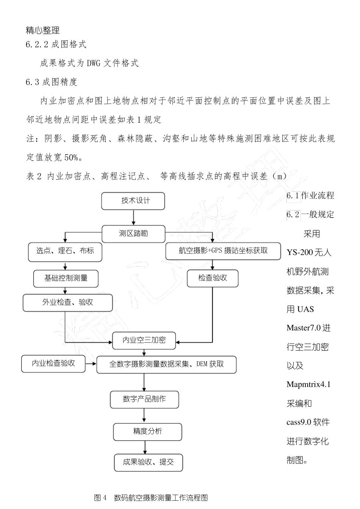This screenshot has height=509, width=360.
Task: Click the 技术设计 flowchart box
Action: (133, 201)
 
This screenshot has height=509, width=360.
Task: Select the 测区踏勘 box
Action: (133, 234)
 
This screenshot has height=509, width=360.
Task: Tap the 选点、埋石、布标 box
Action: (65, 251)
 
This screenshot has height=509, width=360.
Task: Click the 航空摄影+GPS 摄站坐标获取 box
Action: (223, 251)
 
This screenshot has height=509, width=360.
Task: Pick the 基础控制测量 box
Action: (66, 278)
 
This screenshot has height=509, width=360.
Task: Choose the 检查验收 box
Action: (213, 278)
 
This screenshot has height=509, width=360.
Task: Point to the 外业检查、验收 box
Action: (68, 303)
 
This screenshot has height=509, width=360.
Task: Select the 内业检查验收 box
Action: (53, 364)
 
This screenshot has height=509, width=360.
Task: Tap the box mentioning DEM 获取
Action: (167, 364)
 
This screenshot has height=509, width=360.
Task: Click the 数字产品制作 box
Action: (144, 400)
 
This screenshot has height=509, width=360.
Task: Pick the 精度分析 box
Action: (147, 432)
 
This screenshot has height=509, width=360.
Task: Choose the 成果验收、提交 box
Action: (148, 462)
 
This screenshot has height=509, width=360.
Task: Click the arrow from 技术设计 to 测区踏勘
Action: (133, 218)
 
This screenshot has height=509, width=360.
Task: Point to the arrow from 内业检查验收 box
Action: (91, 364)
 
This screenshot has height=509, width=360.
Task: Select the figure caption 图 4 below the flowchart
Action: (101, 498)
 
